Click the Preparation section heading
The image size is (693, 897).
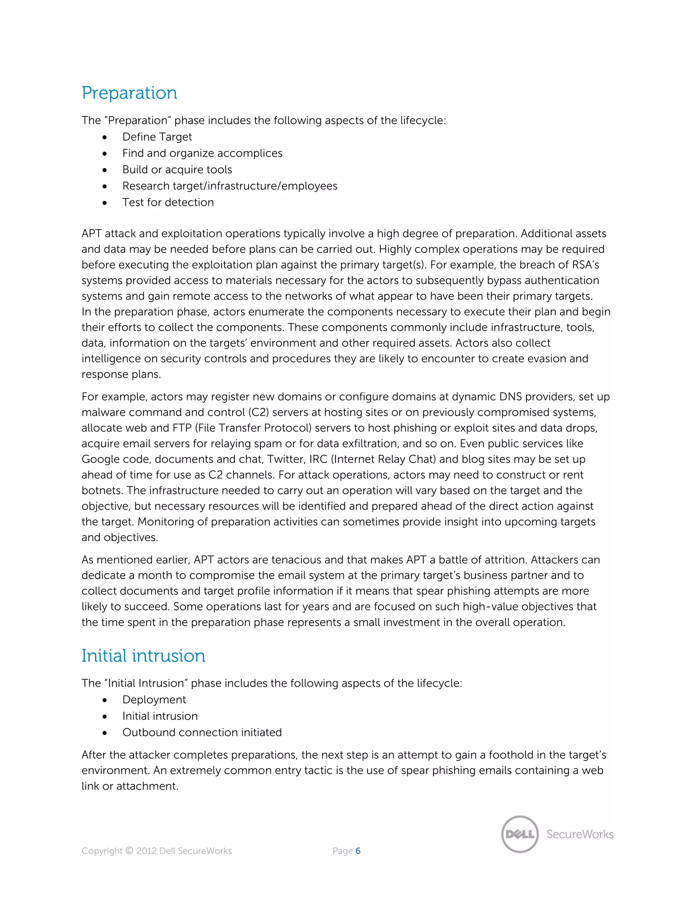tap(129, 93)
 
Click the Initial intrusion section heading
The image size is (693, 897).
tap(143, 656)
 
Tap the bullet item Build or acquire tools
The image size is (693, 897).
tap(177, 170)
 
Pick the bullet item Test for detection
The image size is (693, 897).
tap(168, 202)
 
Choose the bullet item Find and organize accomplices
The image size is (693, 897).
tap(202, 153)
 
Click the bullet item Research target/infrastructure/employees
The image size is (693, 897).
tap(229, 186)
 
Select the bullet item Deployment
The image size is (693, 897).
tap(154, 699)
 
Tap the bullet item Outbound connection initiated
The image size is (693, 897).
tap(202, 732)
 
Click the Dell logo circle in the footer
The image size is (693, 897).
tap(520, 834)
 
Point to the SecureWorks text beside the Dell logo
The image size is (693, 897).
tap(580, 834)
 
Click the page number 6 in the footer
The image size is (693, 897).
tap(358, 851)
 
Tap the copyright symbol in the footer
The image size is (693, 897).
tap(129, 851)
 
